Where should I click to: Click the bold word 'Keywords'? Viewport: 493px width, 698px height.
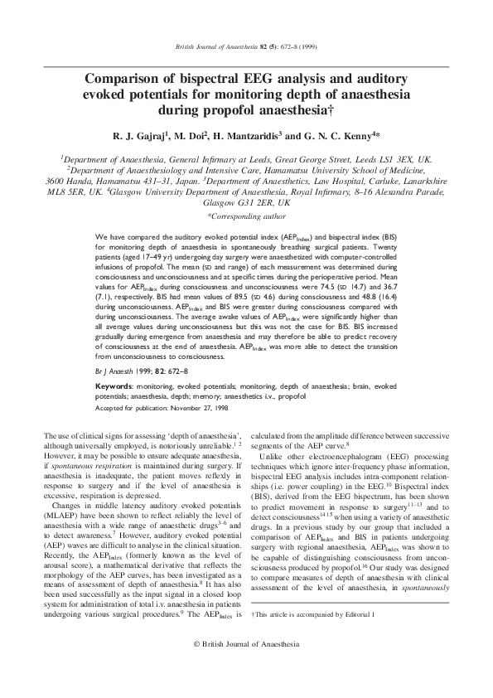[x=114, y=387]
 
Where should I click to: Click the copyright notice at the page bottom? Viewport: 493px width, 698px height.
[x=246, y=667]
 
